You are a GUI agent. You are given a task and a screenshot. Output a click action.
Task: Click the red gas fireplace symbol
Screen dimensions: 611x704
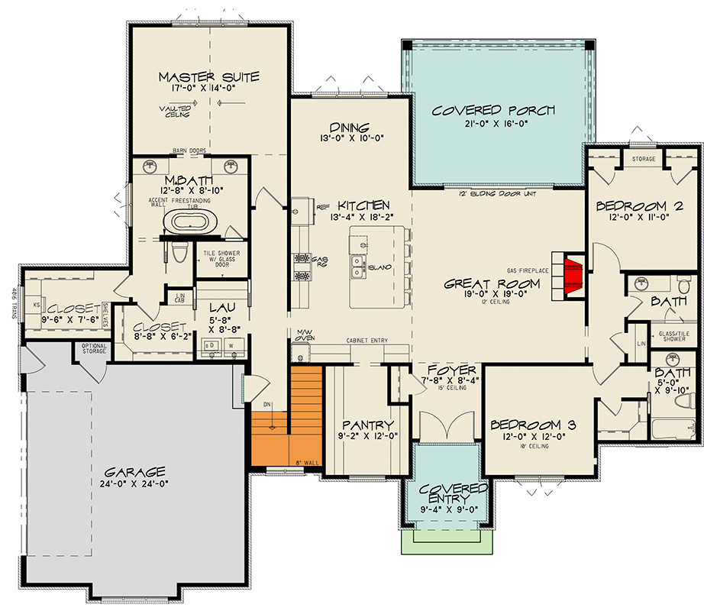(x=573, y=276)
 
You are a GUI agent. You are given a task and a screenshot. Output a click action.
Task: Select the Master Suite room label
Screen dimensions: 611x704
(x=209, y=77)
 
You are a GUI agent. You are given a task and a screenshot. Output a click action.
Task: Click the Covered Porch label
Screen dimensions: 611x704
(x=493, y=111)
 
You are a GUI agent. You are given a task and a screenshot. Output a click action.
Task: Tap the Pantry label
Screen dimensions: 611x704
(x=368, y=425)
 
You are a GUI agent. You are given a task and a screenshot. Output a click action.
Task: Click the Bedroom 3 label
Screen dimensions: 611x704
(x=533, y=425)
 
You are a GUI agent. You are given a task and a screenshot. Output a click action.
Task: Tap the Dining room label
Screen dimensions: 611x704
(x=350, y=128)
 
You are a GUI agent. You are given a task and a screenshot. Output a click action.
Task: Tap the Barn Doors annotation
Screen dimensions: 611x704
(x=189, y=151)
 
